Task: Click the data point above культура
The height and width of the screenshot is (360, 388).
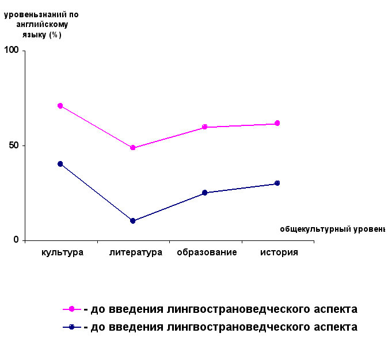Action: tap(60, 164)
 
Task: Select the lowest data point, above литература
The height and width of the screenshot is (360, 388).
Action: tap(132, 221)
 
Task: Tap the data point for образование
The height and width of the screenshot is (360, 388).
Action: tap(204, 193)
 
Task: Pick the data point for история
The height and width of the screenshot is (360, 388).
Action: tap(277, 183)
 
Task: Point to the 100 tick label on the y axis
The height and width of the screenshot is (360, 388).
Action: tap(12, 51)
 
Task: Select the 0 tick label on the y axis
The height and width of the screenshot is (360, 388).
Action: tap(17, 240)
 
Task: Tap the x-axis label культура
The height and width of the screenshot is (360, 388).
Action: tap(63, 252)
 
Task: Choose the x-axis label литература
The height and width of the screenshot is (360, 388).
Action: tap(135, 252)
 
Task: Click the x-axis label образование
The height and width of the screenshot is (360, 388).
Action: tap(207, 252)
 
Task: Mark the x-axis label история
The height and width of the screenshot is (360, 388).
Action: tap(279, 252)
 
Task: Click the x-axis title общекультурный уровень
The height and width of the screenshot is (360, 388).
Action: tap(332, 229)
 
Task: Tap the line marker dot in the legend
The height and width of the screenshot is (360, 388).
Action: tap(72, 327)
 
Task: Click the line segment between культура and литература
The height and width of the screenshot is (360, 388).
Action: tap(96, 193)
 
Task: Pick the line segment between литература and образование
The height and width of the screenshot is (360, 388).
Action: tap(169, 207)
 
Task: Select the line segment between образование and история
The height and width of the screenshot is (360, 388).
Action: tap(241, 188)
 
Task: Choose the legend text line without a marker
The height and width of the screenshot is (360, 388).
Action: tap(220, 309)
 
